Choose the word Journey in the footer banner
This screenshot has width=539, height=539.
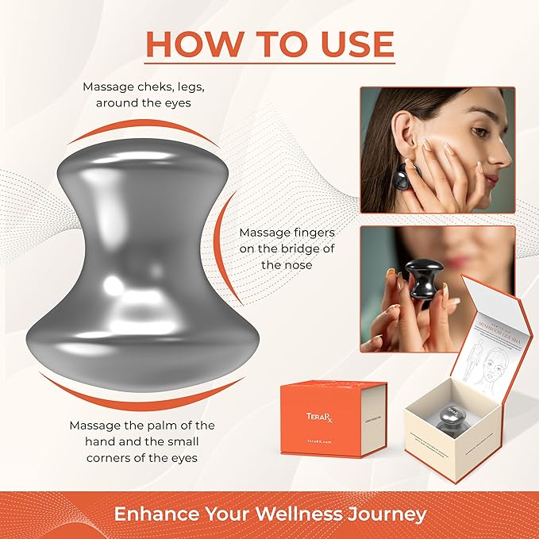coord(388,514)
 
